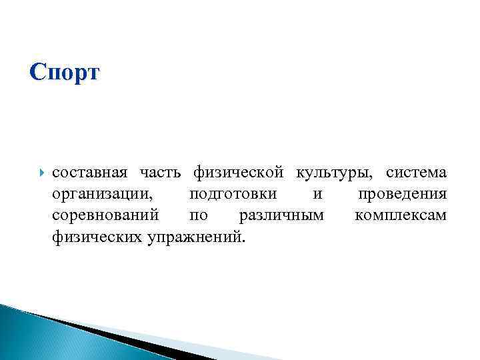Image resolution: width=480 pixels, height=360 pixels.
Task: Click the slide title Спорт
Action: pyautogui.click(x=65, y=72)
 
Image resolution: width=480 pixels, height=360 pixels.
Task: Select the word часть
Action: pyautogui.click(x=160, y=173)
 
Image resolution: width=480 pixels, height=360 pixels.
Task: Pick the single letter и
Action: pyautogui.click(x=317, y=195)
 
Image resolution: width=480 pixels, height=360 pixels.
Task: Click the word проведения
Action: pyautogui.click(x=402, y=195)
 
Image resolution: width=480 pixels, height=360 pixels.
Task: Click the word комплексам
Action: pyautogui.click(x=401, y=215)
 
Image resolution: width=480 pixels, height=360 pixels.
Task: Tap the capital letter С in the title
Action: pyautogui.click(x=38, y=71)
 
